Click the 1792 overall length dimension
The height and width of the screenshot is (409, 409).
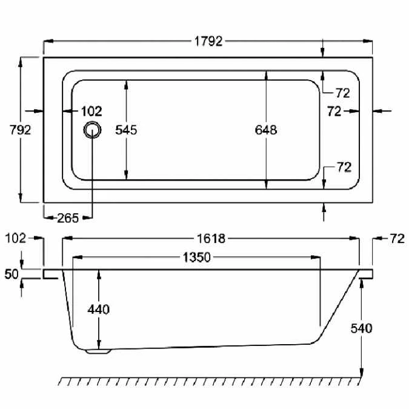(208, 41)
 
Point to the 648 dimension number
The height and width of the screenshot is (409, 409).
(266, 130)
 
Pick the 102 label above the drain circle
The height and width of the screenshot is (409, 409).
(91, 111)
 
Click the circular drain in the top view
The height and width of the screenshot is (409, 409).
(93, 130)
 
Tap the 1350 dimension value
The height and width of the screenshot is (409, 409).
(196, 258)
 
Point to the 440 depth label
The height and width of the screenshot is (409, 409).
(99, 310)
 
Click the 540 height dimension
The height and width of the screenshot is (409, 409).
(362, 328)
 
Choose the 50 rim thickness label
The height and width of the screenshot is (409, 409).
(12, 274)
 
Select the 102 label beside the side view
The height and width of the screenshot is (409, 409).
(15, 238)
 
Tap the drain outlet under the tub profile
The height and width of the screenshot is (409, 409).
(98, 350)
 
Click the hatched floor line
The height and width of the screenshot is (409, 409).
(212, 381)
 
